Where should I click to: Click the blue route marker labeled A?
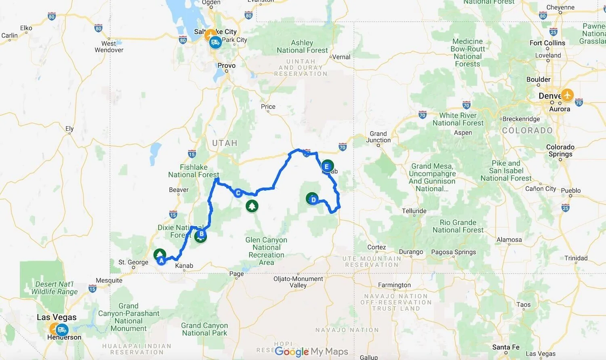[x=161, y=261]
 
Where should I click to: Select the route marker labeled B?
[x=201, y=234]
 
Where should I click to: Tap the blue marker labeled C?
[x=238, y=193]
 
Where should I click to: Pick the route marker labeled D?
[x=313, y=200]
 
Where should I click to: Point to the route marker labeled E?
[x=326, y=166]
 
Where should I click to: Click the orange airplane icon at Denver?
[x=568, y=95]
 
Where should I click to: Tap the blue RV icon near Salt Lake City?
[x=215, y=42]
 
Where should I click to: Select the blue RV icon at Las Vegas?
[x=62, y=330]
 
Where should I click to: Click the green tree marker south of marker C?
[x=252, y=206]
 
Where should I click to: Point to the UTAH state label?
[x=225, y=143]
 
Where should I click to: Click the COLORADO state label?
[x=527, y=131]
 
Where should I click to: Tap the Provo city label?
[x=226, y=65]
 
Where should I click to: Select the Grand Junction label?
[x=378, y=137]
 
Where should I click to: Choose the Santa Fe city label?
[x=506, y=347]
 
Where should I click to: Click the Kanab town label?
[x=184, y=265]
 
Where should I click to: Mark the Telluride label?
[x=414, y=211]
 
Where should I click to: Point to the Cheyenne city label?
[x=560, y=7]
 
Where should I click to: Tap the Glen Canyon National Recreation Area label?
[x=266, y=251]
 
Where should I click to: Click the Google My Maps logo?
[x=311, y=352]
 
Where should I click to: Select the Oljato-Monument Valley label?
[x=298, y=282]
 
